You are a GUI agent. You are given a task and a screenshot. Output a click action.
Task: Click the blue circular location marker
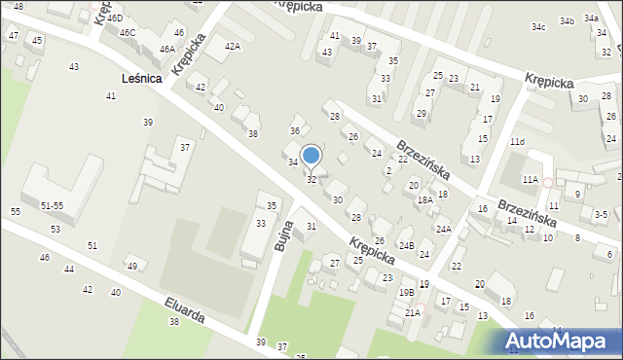tap(311, 155)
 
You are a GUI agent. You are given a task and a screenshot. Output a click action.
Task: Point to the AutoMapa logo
tap(558, 341)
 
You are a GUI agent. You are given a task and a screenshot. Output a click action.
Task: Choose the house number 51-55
tap(53, 206)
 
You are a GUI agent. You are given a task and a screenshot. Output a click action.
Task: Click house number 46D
tap(115, 18)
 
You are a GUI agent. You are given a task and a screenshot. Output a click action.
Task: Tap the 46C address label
tap(128, 32)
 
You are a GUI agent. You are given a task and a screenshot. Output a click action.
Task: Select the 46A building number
tap(167, 49)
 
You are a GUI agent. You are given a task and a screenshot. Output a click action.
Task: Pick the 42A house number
tap(232, 46)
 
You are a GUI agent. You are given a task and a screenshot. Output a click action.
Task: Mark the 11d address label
tap(517, 142)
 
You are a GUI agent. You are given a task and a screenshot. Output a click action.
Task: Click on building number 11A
tap(530, 180)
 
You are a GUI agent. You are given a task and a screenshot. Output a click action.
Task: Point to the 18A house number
tap(424, 200)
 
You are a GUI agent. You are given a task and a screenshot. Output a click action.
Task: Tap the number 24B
tap(406, 245)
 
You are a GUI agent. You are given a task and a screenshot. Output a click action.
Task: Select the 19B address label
tap(406, 292)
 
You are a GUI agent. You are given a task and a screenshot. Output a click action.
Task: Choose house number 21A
tap(413, 312)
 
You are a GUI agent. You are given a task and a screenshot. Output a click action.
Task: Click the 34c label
tap(538, 27)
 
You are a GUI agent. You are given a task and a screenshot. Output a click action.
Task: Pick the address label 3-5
tap(601, 214)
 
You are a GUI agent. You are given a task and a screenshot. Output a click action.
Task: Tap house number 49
tap(131, 267)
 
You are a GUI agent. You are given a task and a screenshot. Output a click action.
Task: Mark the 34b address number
tap(567, 20)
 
